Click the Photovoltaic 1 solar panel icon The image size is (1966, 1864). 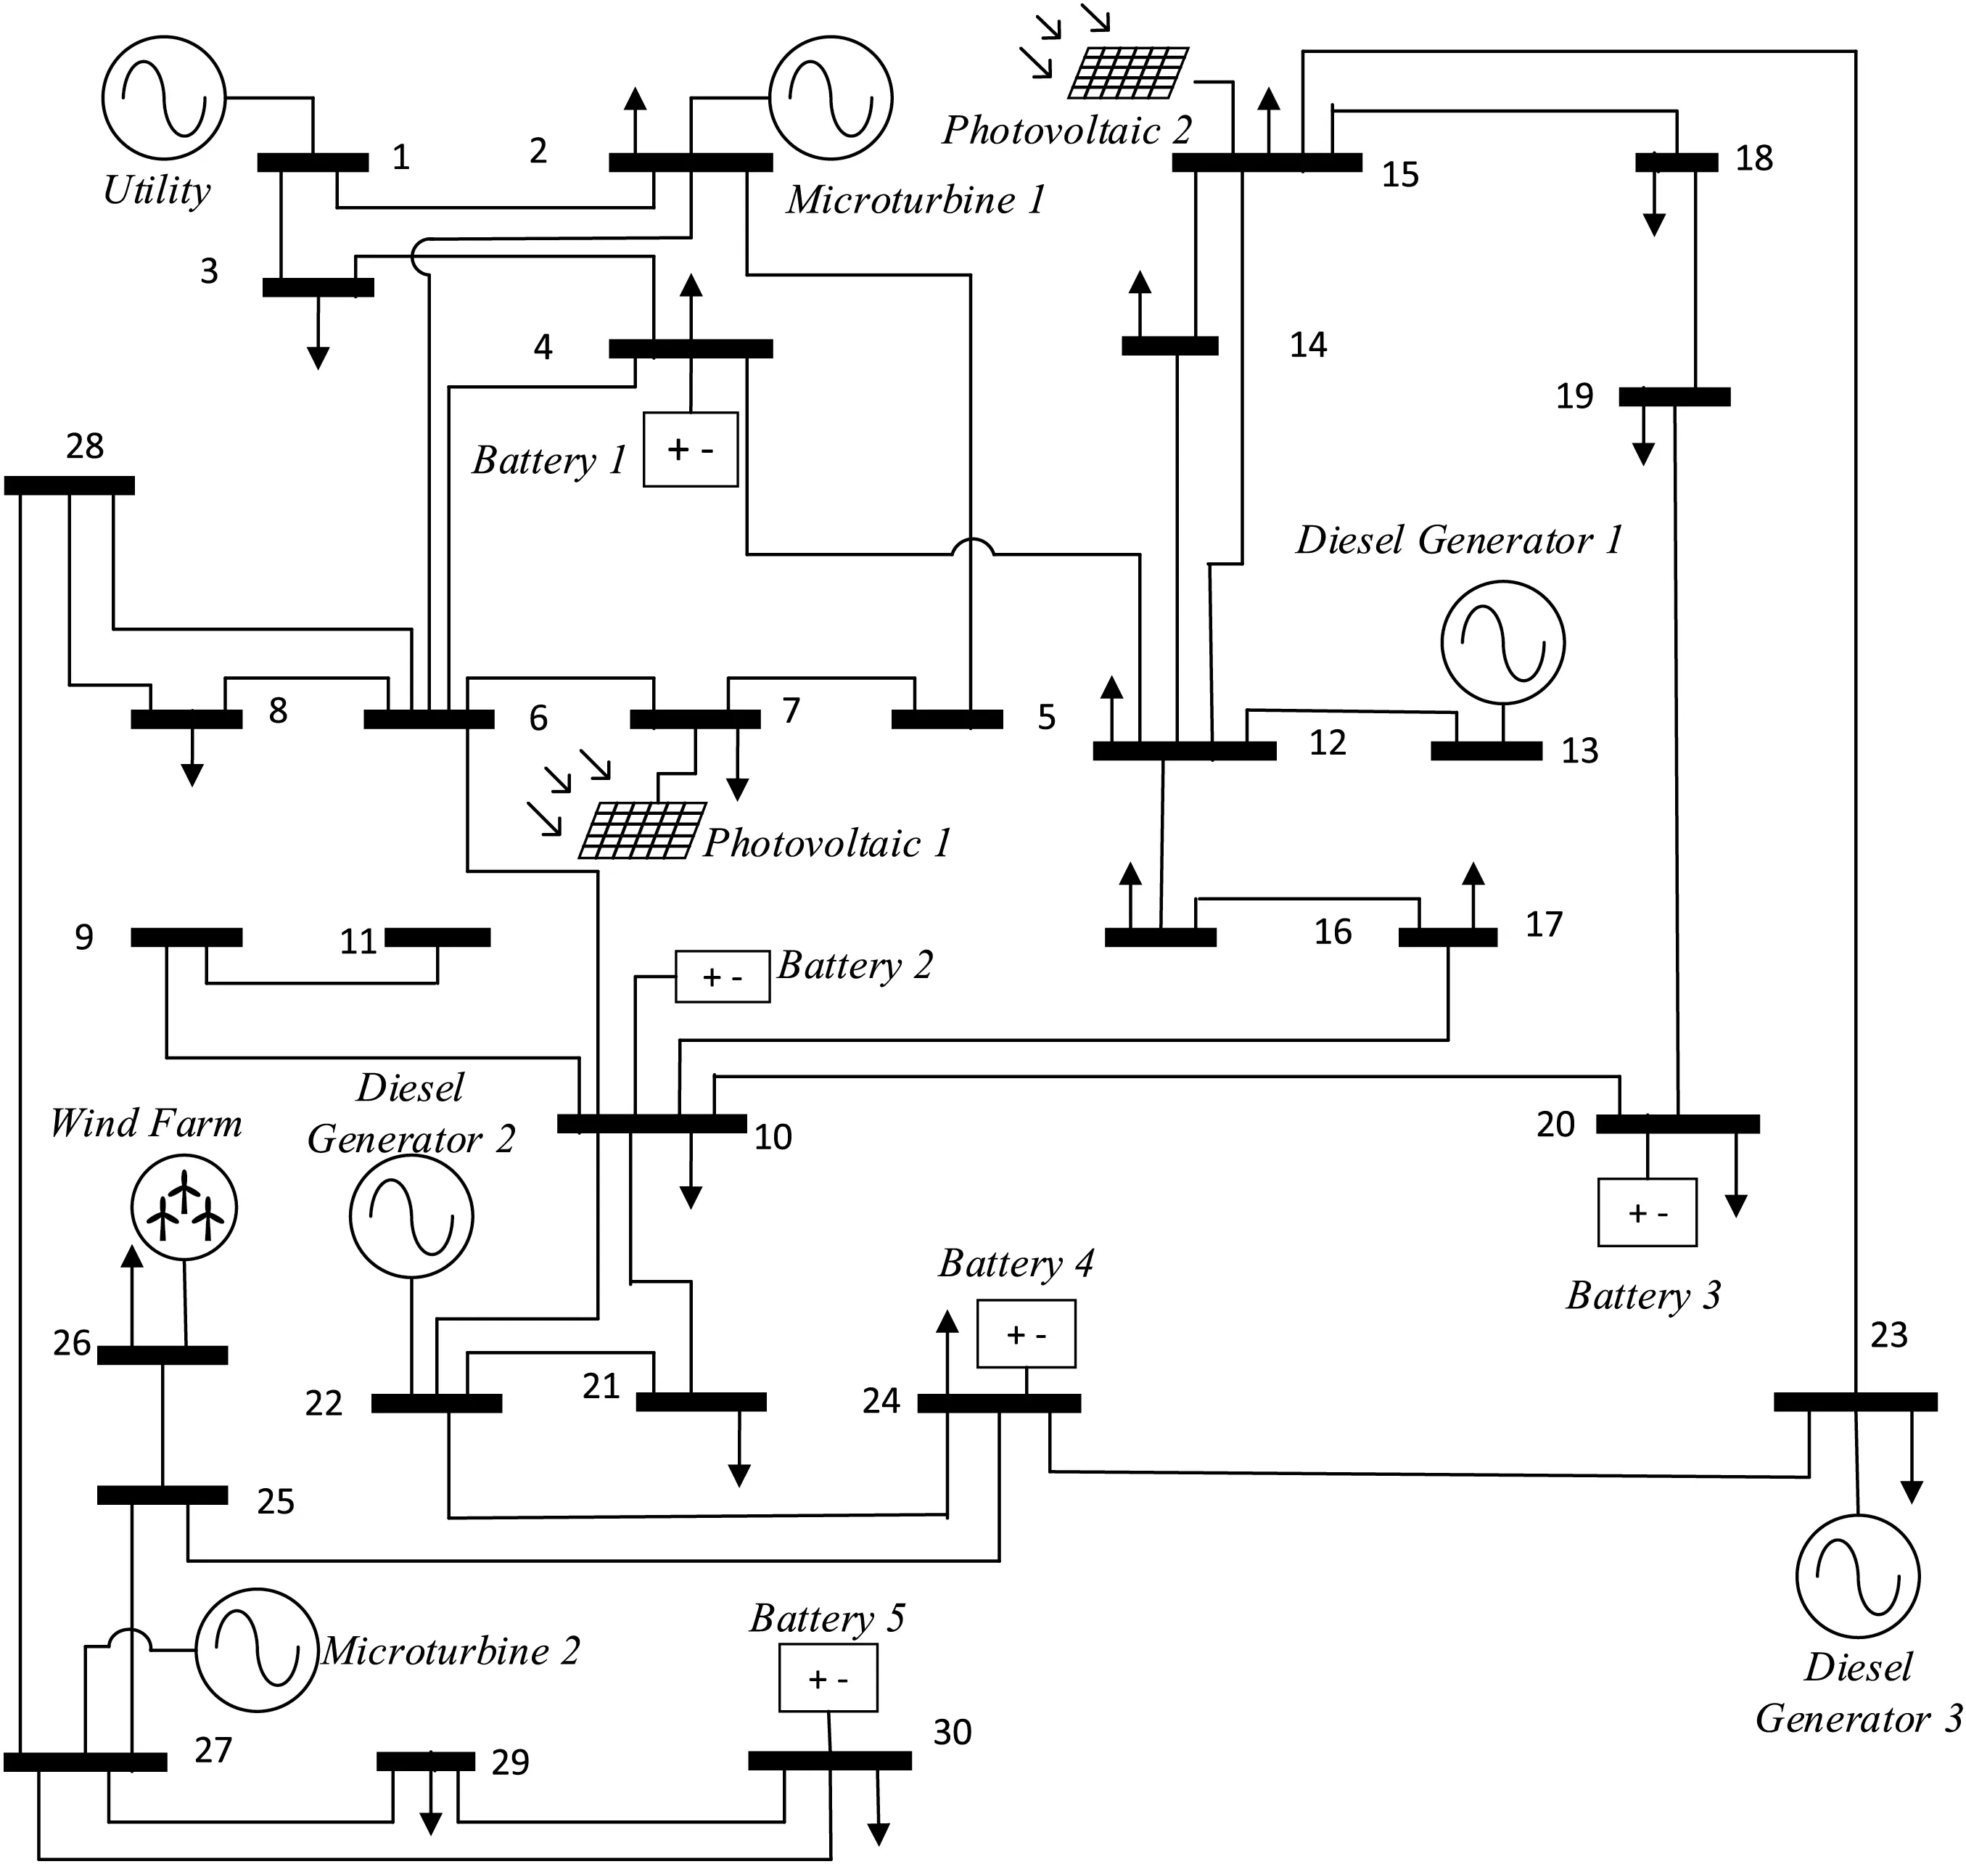643,829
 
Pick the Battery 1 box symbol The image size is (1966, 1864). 691,449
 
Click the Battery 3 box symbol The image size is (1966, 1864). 1647,1212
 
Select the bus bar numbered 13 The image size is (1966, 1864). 1486,751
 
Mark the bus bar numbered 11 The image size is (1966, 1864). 437,937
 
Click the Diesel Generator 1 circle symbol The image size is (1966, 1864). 1503,642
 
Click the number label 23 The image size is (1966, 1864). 1888,1335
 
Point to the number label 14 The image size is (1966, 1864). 1307,345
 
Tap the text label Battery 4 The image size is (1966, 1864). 1016,1264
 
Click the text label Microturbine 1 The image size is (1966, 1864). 916,200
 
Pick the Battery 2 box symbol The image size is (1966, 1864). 723,977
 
